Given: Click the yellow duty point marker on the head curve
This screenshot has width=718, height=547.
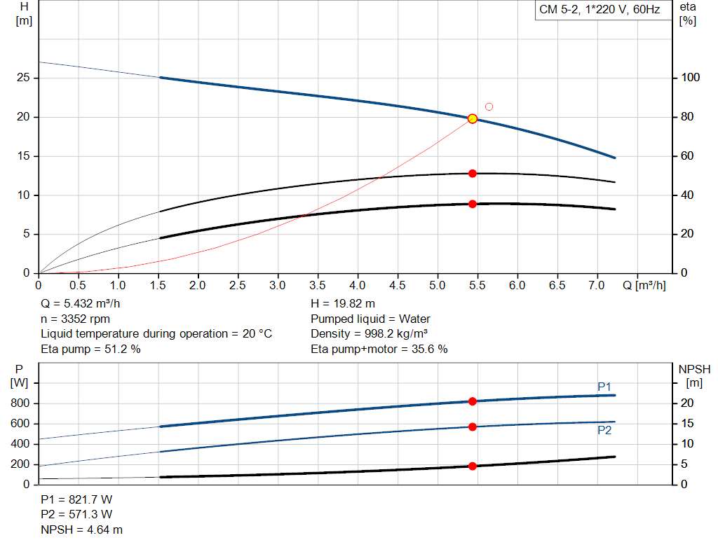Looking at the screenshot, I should click(x=473, y=118).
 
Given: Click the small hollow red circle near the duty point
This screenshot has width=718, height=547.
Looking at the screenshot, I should click(x=489, y=106).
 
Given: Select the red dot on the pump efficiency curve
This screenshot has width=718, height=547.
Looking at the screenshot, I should click(x=473, y=173).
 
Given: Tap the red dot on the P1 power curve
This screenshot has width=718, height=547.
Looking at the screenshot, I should click(x=473, y=401).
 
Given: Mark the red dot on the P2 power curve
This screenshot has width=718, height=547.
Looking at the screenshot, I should click(x=473, y=427).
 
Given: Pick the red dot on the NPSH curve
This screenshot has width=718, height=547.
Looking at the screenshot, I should click(x=473, y=466).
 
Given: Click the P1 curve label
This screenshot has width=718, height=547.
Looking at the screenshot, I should click(x=604, y=387).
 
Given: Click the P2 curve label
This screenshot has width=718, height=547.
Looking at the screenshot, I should click(x=604, y=431).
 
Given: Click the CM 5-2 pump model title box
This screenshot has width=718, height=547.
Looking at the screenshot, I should click(x=600, y=10).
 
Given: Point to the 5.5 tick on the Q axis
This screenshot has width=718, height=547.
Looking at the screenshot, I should click(x=477, y=286).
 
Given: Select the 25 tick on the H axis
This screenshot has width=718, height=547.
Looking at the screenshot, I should click(x=25, y=78).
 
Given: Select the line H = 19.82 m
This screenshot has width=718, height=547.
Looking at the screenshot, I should click(x=343, y=304).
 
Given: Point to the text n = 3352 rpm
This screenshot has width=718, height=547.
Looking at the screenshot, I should click(x=76, y=319).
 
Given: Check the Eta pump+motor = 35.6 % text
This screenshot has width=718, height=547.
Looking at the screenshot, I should click(x=379, y=349).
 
